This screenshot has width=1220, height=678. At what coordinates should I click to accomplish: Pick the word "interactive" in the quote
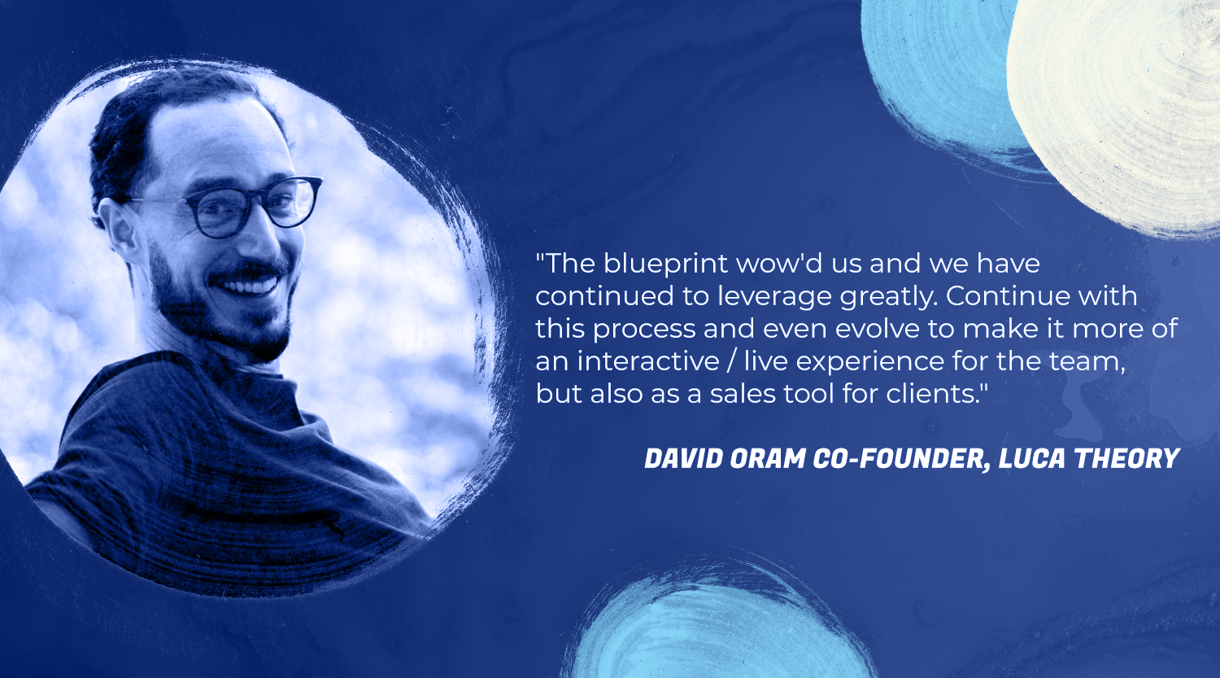[649, 361]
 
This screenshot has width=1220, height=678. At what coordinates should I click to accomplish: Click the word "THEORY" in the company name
[1126, 458]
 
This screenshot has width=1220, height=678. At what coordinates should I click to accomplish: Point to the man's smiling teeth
[251, 285]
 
